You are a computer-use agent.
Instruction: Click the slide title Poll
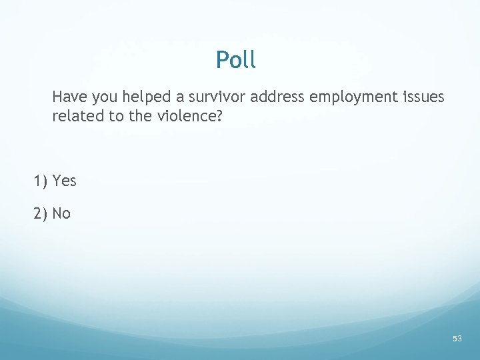(235, 61)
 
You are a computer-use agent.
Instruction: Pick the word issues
(423, 97)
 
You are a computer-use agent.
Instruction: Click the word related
(75, 117)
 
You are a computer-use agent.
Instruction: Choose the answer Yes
(65, 181)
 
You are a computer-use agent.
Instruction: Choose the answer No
(61, 213)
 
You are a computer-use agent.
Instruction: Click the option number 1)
(41, 181)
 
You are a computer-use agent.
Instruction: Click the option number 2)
(41, 213)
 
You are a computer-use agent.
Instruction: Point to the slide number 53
(457, 339)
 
